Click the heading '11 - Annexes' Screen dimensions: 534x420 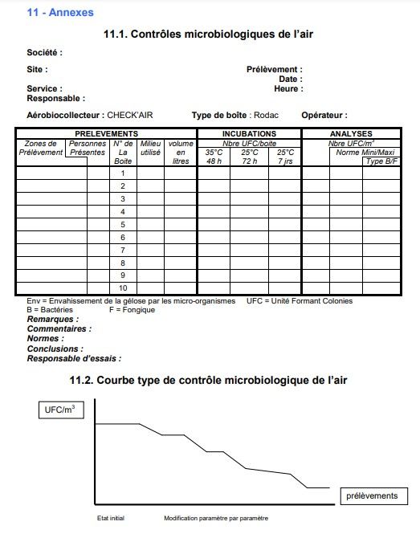point(59,13)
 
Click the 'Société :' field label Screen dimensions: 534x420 point(45,53)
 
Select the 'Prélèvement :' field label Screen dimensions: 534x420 point(274,70)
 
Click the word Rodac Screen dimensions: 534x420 point(266,116)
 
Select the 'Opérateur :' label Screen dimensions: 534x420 point(324,116)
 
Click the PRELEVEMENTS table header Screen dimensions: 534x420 point(106,134)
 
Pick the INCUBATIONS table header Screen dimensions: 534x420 point(249,134)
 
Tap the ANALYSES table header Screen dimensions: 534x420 point(352,134)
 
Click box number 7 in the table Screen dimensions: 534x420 point(123,251)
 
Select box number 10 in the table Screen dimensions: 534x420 point(123,288)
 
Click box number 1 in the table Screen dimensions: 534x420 point(123,173)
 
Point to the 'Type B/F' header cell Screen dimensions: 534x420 point(381,161)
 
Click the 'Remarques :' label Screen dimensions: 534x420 point(53,320)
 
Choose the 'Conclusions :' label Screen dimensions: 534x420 point(55,349)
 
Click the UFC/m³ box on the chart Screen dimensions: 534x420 point(62,410)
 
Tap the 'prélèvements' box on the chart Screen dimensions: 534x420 point(371,495)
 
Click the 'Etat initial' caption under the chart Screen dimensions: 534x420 point(111,519)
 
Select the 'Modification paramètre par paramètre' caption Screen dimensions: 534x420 point(216,519)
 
